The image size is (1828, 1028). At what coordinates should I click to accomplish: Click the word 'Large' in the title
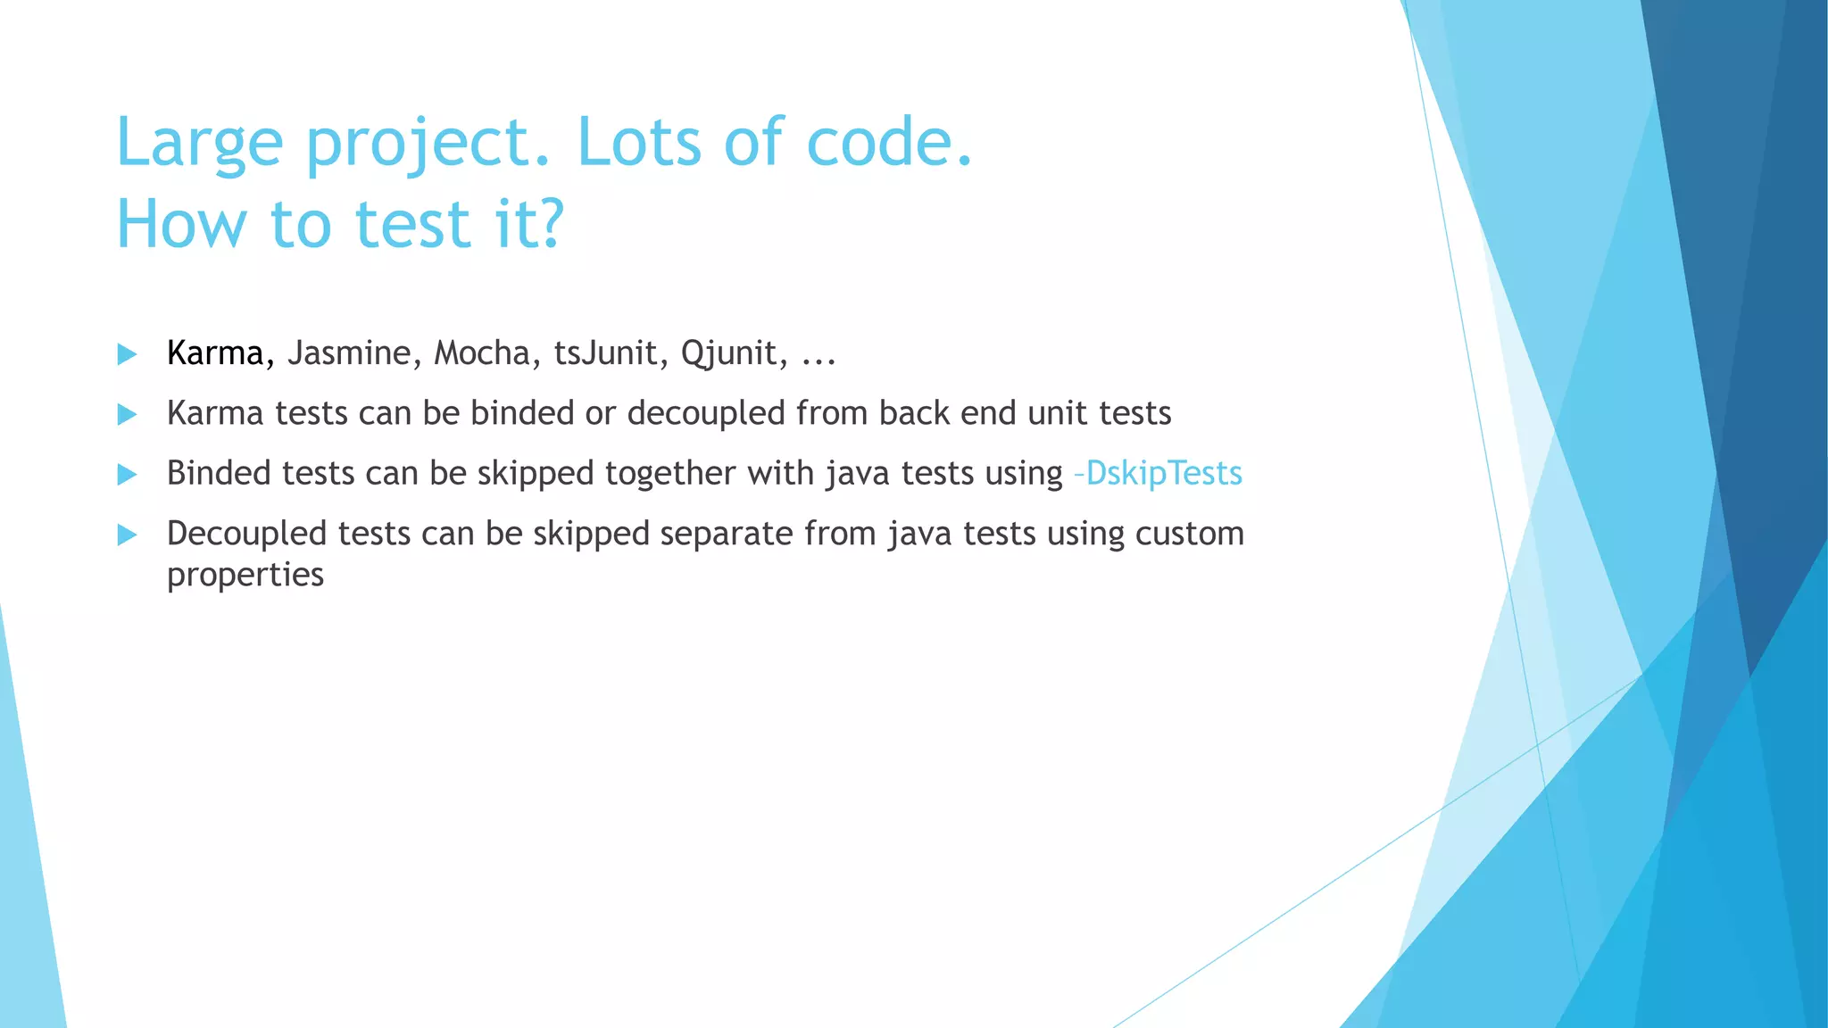(x=199, y=143)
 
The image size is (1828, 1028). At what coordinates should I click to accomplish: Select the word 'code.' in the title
(x=889, y=143)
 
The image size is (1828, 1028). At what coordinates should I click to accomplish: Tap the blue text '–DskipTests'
(x=1159, y=473)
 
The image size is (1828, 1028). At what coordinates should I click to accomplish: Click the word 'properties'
(x=245, y=575)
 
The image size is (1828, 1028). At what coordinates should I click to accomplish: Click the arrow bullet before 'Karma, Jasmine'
(x=127, y=354)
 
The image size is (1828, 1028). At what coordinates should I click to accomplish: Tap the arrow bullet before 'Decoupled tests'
(x=127, y=535)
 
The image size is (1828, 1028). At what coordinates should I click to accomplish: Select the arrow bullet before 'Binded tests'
(x=127, y=474)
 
